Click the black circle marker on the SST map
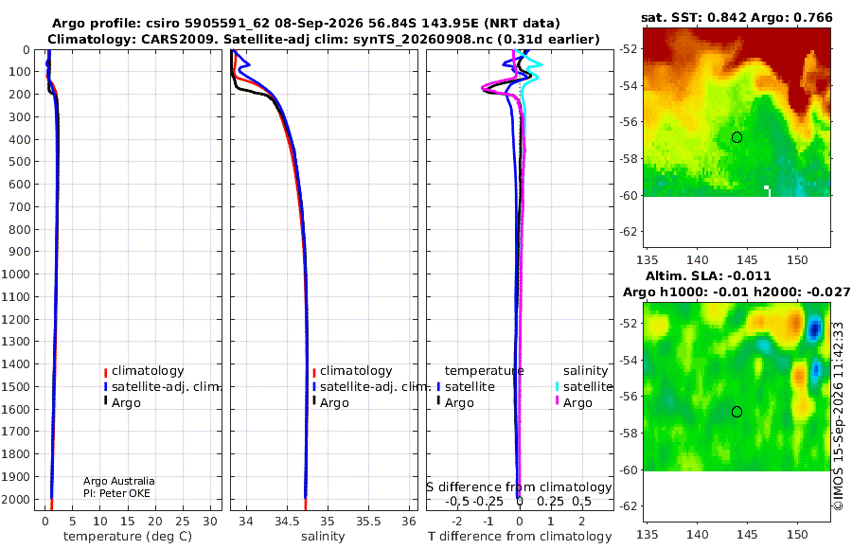click(x=737, y=137)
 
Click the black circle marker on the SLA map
click(x=737, y=412)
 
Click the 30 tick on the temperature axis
click(x=210, y=522)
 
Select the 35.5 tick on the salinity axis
click(x=368, y=522)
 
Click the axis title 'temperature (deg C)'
click(x=128, y=537)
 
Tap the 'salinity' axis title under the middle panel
click(x=323, y=537)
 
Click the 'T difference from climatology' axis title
click(x=520, y=537)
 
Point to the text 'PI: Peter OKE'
click(x=116, y=493)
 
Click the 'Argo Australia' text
click(x=119, y=481)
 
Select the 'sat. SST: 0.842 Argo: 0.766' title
click(x=737, y=17)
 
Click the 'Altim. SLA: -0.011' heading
click(x=708, y=276)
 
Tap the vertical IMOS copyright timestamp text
click(x=839, y=416)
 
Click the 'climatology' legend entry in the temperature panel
click(x=144, y=371)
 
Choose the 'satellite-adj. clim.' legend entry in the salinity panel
click(x=370, y=387)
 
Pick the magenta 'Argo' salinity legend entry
click(x=574, y=403)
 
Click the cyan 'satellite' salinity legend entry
click(x=583, y=387)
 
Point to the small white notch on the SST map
click(x=767, y=190)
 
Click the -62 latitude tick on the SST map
click(x=630, y=232)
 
